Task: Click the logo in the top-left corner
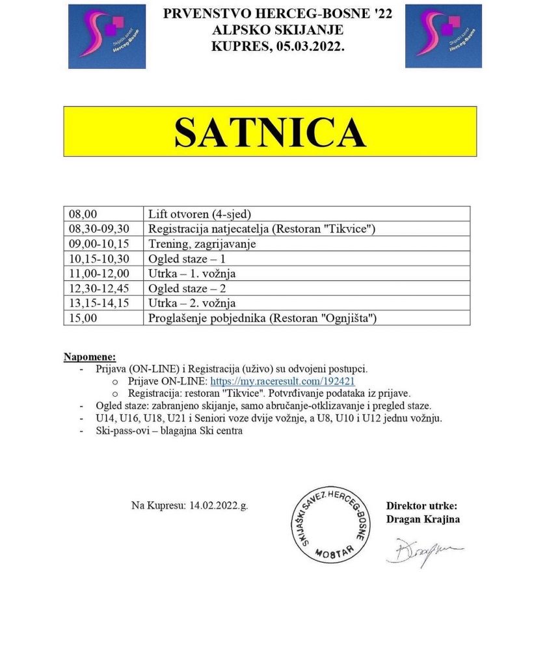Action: coord(107,36)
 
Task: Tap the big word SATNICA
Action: coord(269,132)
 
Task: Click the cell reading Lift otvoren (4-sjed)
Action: coord(200,213)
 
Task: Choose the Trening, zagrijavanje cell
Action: coord(202,244)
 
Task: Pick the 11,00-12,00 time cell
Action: coord(99,273)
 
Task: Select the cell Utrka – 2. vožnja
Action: coord(192,303)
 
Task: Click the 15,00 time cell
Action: coord(82,318)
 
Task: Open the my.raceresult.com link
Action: coord(282,381)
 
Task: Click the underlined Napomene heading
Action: coord(90,356)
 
